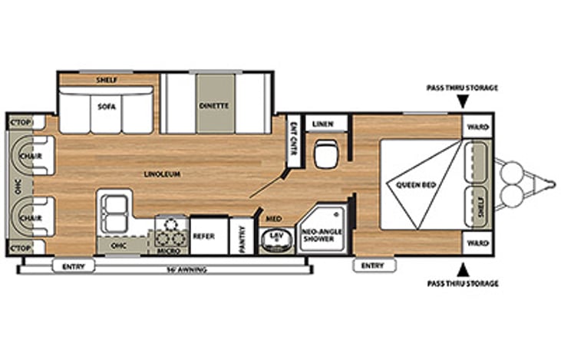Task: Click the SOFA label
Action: [106, 107]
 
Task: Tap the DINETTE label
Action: [214, 107]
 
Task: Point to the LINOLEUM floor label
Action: [162, 174]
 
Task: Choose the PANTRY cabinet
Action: [242, 237]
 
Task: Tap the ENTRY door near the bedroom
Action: [372, 266]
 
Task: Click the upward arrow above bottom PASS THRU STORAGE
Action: [462, 269]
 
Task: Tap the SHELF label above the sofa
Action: [106, 80]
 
